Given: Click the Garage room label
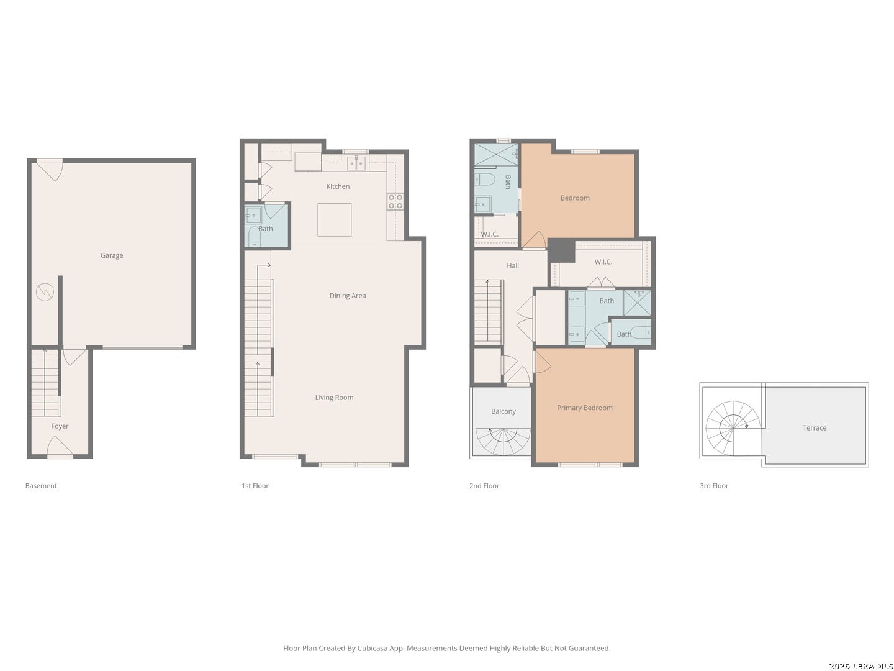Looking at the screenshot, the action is [112, 255].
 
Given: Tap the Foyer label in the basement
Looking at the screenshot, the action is [60, 426].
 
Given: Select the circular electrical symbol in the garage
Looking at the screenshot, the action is [45, 292].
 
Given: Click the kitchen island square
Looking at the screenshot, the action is [335, 220].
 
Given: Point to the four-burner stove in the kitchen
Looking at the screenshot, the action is [395, 201].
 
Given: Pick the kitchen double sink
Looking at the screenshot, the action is [356, 163].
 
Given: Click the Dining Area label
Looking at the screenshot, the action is [348, 296].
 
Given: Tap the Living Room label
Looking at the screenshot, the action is [334, 398].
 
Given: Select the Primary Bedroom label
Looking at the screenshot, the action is [584, 408].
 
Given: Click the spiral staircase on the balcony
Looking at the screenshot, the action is [503, 442].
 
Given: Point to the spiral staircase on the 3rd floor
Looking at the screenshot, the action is [733, 428].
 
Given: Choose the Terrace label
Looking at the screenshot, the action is [815, 428].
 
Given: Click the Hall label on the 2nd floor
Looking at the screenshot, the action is [513, 266].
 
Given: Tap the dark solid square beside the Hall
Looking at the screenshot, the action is [561, 250].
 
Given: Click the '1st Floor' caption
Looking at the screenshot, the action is [255, 486].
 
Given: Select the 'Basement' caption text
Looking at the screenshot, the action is [41, 486].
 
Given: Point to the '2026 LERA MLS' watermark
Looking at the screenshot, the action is [860, 665].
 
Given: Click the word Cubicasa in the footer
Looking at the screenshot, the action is [372, 648].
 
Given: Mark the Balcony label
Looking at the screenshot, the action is [503, 411].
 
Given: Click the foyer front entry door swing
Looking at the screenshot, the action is [60, 446].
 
